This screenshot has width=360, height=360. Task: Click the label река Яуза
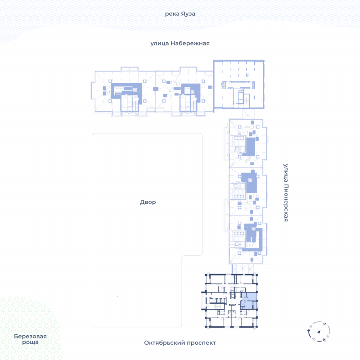pos(180,14)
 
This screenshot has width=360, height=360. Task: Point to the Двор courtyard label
pos(148,202)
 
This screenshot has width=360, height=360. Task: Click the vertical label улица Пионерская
pos(286,193)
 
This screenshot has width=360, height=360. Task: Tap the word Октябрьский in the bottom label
pos(164,342)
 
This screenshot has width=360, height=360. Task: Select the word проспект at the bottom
pos(201,343)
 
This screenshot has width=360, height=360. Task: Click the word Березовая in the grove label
pos(30,336)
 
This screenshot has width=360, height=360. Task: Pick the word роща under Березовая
pos(30,342)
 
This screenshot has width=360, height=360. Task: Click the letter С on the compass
pos(324,324)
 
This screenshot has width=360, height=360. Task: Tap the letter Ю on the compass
pos(314,339)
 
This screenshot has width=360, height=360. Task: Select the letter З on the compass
pos(310,326)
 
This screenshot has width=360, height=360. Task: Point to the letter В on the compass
pos(328,337)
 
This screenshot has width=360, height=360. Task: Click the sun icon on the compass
pos(324,340)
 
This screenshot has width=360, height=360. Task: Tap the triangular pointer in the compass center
pos(319,332)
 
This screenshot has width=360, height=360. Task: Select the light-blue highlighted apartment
pos(249,301)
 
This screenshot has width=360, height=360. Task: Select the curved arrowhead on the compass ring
pos(309,331)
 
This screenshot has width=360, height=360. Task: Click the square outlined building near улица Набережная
pos(239,84)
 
